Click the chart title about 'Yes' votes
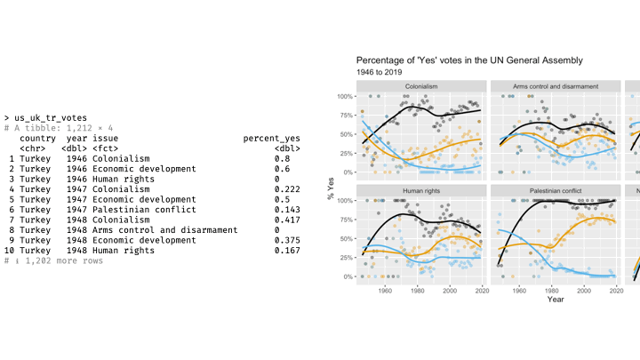[x=469, y=60]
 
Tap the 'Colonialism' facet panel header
[x=421, y=86]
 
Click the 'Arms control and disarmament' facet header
[x=555, y=86]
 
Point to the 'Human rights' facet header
[x=421, y=190]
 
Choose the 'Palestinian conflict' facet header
[x=555, y=190]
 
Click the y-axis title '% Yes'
[x=330, y=186]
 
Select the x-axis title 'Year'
[x=555, y=300]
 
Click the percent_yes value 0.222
[x=286, y=188]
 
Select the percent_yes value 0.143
[x=286, y=209]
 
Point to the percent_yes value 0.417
[x=286, y=220]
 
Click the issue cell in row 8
[x=164, y=229]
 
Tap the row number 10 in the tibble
[x=10, y=250]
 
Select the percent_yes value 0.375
[x=286, y=240]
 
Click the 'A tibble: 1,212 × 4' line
[x=59, y=128]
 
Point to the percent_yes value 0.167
[x=286, y=250]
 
